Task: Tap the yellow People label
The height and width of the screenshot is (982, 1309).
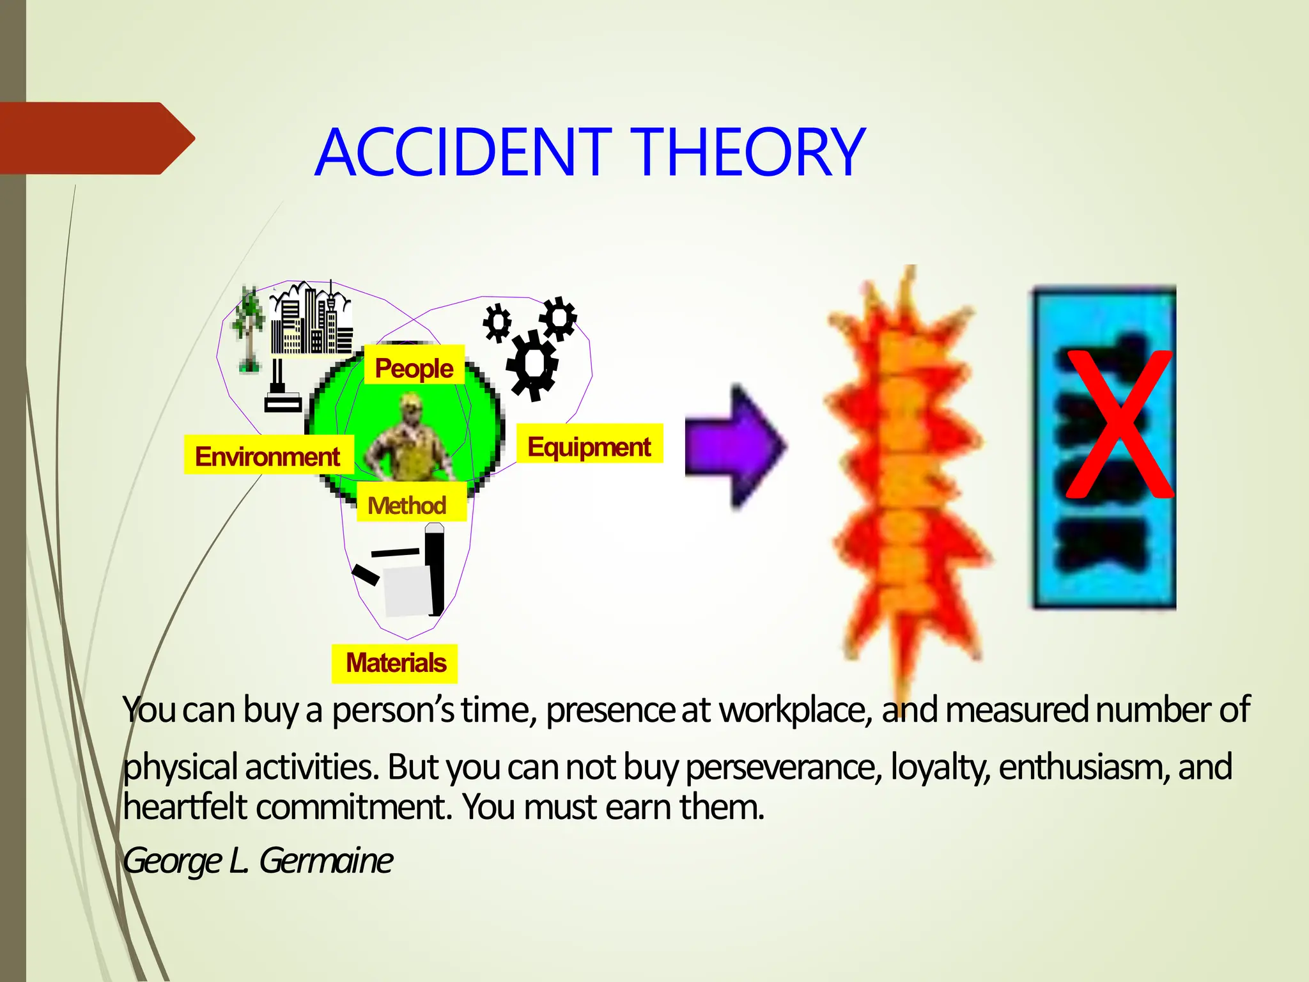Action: point(414,368)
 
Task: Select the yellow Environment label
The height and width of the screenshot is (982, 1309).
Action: point(268,456)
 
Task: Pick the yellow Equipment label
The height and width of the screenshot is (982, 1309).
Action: point(589,446)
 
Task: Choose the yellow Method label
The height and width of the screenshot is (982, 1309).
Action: point(407,505)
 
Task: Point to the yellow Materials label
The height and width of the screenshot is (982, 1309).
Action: point(396,663)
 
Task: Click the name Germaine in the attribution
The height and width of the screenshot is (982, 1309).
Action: point(326,861)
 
